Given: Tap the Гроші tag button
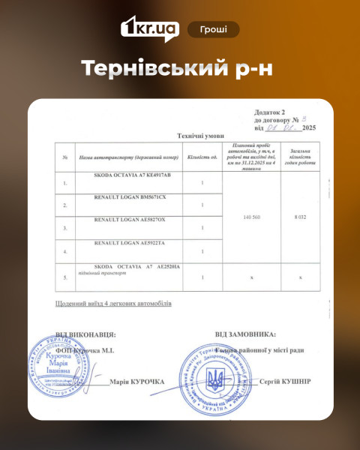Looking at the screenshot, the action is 214,29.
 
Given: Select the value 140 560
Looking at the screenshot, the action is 252,217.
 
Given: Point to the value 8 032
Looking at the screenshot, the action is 300,217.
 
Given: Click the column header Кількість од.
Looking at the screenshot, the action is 202,157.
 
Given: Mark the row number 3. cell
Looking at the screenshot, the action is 66,227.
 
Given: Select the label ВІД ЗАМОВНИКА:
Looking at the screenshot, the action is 245,334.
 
